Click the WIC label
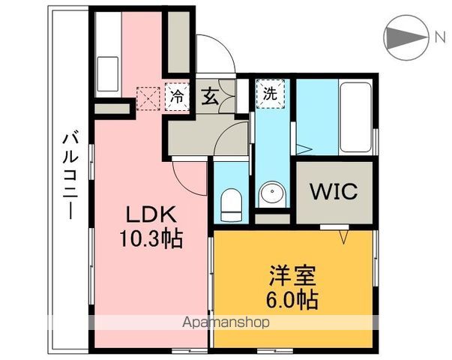tap(334, 190)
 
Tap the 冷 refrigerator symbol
tap(176, 96)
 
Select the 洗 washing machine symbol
tap(268, 95)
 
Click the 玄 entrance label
tap(211, 96)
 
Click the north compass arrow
tap(406, 37)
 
